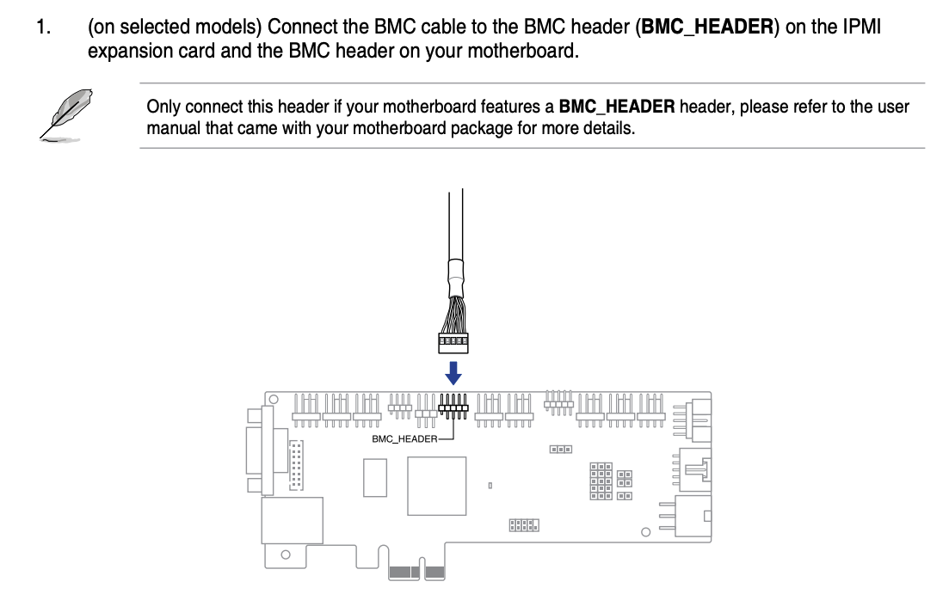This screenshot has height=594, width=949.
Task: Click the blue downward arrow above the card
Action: point(453,372)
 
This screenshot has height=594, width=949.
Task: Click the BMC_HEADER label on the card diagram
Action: point(404,438)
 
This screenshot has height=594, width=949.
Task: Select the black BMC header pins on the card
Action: point(453,405)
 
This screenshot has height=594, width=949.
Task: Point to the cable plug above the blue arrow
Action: point(453,343)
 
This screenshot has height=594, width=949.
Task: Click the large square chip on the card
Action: point(437,486)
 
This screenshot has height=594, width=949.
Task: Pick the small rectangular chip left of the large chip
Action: point(374,477)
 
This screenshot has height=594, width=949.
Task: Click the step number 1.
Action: point(43,28)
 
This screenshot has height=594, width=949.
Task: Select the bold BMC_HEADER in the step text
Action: point(708,28)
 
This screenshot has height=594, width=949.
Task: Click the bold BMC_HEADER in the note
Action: point(617,107)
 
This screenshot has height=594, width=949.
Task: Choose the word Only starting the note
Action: point(163,107)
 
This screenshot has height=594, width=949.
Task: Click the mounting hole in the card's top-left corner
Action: point(273,400)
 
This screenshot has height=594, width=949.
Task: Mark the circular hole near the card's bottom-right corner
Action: point(646,533)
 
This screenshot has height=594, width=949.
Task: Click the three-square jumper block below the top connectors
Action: point(561,450)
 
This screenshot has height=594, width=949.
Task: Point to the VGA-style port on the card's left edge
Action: point(256,451)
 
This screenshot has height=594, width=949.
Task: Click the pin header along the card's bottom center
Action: point(523,524)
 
